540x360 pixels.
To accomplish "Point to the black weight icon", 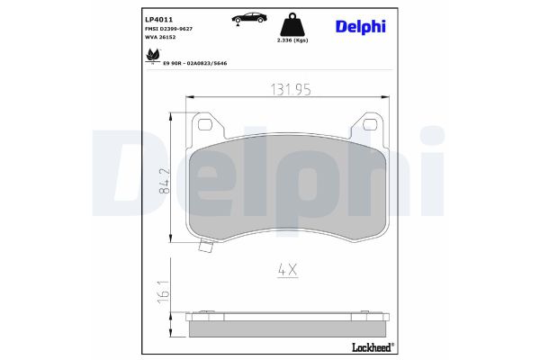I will (x=293, y=24).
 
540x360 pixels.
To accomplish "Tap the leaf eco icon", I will (x=149, y=57).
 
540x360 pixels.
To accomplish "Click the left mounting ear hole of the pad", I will (x=203, y=125).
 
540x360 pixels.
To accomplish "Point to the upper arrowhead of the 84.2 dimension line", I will (x=172, y=117).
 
